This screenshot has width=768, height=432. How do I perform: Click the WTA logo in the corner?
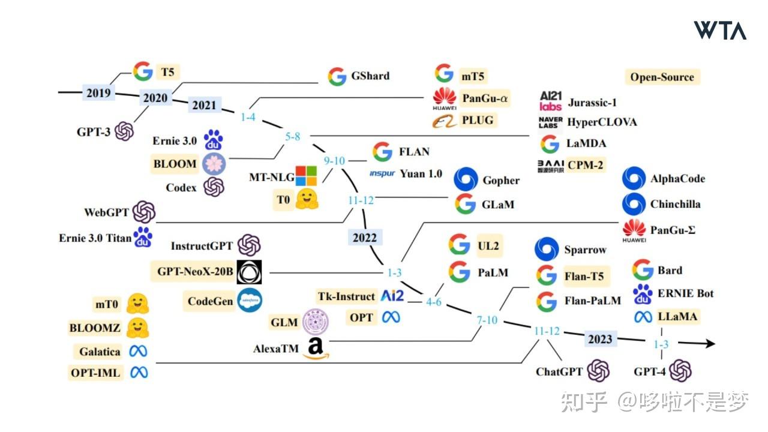click(x=720, y=30)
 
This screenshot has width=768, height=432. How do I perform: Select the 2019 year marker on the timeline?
click(x=98, y=92)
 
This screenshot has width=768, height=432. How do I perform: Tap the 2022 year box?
click(x=365, y=237)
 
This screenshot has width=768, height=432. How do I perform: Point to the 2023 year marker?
click(x=600, y=339)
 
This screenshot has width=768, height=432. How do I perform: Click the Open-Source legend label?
click(x=662, y=77)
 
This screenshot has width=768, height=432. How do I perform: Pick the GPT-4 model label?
click(x=649, y=371)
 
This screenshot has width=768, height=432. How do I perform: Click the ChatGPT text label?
click(x=559, y=371)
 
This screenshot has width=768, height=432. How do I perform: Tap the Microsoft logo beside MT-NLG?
click(x=306, y=176)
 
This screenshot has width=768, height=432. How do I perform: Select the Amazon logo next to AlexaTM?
click(x=316, y=348)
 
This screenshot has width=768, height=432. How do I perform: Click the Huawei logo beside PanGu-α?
click(x=445, y=99)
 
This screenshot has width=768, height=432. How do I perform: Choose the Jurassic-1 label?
click(x=592, y=103)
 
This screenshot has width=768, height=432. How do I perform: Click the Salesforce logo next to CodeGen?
click(x=250, y=301)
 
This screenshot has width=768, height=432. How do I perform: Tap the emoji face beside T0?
click(x=307, y=199)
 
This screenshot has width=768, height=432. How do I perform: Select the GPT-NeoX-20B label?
click(x=195, y=271)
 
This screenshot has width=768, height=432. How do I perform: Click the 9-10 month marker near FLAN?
click(x=334, y=160)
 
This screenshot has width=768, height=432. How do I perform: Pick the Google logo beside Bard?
click(x=643, y=269)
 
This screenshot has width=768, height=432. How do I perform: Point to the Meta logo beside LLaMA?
click(x=643, y=316)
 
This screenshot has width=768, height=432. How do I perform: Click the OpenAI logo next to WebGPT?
click(x=144, y=212)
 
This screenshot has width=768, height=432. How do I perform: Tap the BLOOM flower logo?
click(x=214, y=164)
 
